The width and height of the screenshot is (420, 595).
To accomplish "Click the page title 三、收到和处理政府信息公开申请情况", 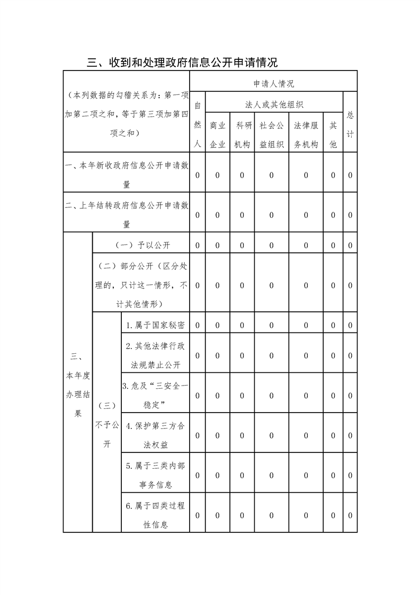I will [x=182, y=63].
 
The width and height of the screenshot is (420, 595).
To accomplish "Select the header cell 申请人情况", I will [x=273, y=84].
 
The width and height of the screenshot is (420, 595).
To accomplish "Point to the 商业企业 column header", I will [x=217, y=135].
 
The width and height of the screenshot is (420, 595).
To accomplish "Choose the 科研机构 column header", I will [x=242, y=135].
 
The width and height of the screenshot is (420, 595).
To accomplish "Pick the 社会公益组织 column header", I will [x=271, y=135].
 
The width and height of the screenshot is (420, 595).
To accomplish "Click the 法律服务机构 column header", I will [x=306, y=135].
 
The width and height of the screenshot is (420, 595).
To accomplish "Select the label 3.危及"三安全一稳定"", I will [x=155, y=396].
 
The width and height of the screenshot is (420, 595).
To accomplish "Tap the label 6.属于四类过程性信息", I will [x=155, y=515].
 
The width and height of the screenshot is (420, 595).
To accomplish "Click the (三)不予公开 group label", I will [x=106, y=424].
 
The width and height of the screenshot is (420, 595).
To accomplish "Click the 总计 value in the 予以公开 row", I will [x=350, y=245].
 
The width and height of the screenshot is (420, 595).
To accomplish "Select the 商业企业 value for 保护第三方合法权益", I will [x=217, y=435].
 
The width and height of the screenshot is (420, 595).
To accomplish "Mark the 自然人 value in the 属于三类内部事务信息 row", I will [x=197, y=475].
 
